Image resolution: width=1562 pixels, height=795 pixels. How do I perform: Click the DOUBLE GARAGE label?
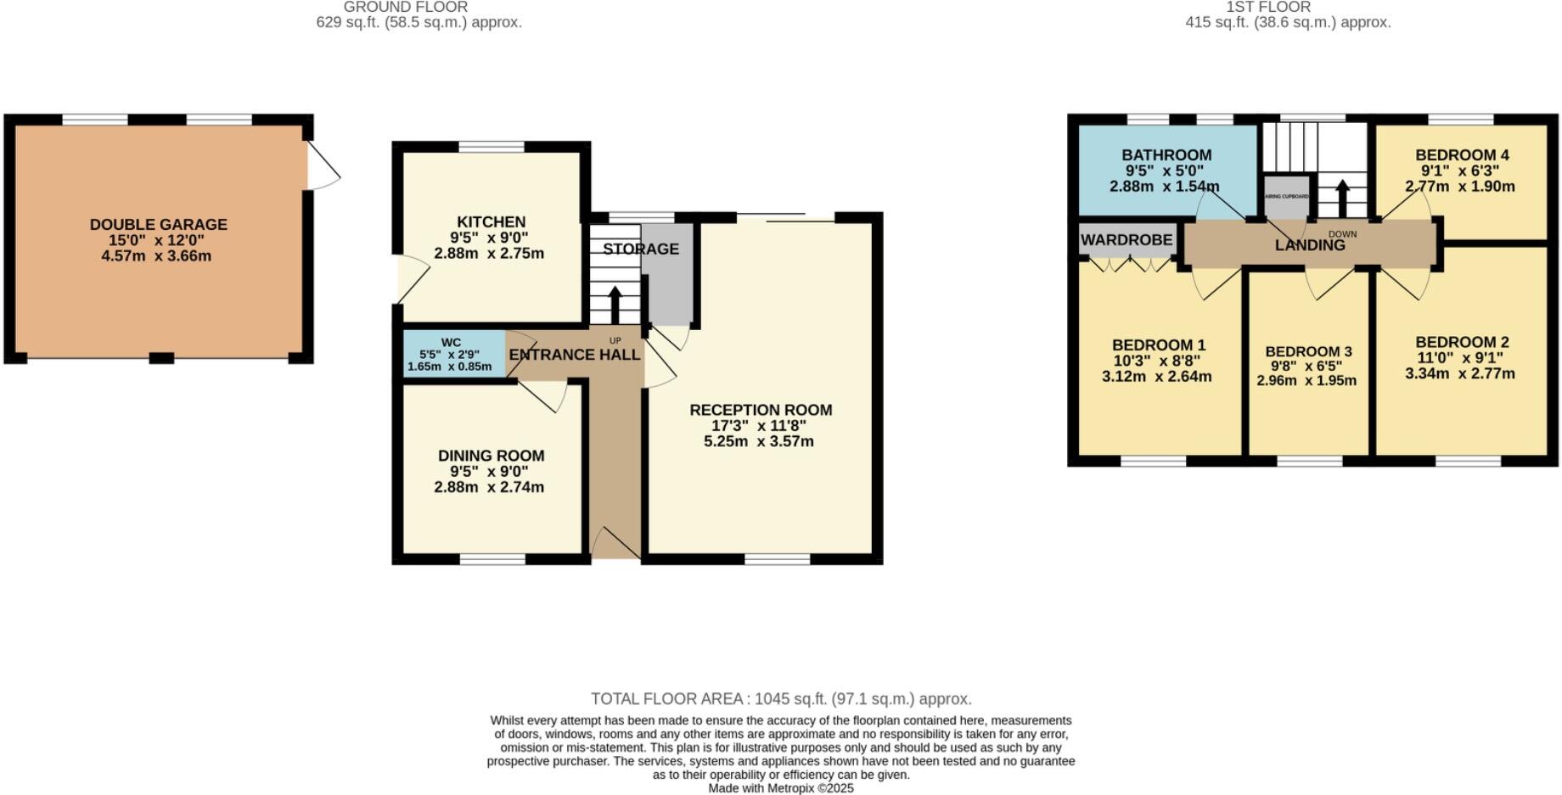[x=159, y=225]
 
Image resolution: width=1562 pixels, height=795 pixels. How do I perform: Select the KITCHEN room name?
[x=491, y=222]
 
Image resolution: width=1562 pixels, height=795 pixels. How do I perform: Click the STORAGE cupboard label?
[x=641, y=249]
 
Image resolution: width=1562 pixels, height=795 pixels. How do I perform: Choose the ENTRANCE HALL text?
[x=574, y=355]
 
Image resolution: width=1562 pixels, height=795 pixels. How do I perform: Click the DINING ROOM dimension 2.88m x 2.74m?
[x=489, y=488]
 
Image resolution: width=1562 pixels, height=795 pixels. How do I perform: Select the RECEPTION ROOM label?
[x=761, y=411]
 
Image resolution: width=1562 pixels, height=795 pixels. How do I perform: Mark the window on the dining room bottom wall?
[x=492, y=559]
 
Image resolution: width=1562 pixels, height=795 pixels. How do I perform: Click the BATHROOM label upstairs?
[x=1166, y=155]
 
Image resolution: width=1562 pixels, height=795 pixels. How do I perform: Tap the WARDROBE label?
[x=1127, y=240]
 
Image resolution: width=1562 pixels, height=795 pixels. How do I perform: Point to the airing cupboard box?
[x=1287, y=197]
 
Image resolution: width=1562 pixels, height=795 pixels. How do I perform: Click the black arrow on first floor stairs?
[x=1342, y=198]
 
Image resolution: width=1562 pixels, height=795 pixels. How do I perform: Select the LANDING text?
[x=1310, y=245]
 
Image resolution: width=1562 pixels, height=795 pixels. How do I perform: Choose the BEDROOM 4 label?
[x=1462, y=155]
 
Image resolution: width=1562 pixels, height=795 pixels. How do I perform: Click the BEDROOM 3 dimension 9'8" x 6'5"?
[x=1306, y=367]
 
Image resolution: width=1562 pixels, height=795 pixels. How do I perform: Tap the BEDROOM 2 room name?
[x=1462, y=343]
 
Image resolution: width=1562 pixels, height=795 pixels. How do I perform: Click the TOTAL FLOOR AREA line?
[x=781, y=699]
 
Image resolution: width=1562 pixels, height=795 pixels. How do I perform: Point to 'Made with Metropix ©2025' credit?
[x=781, y=788]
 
